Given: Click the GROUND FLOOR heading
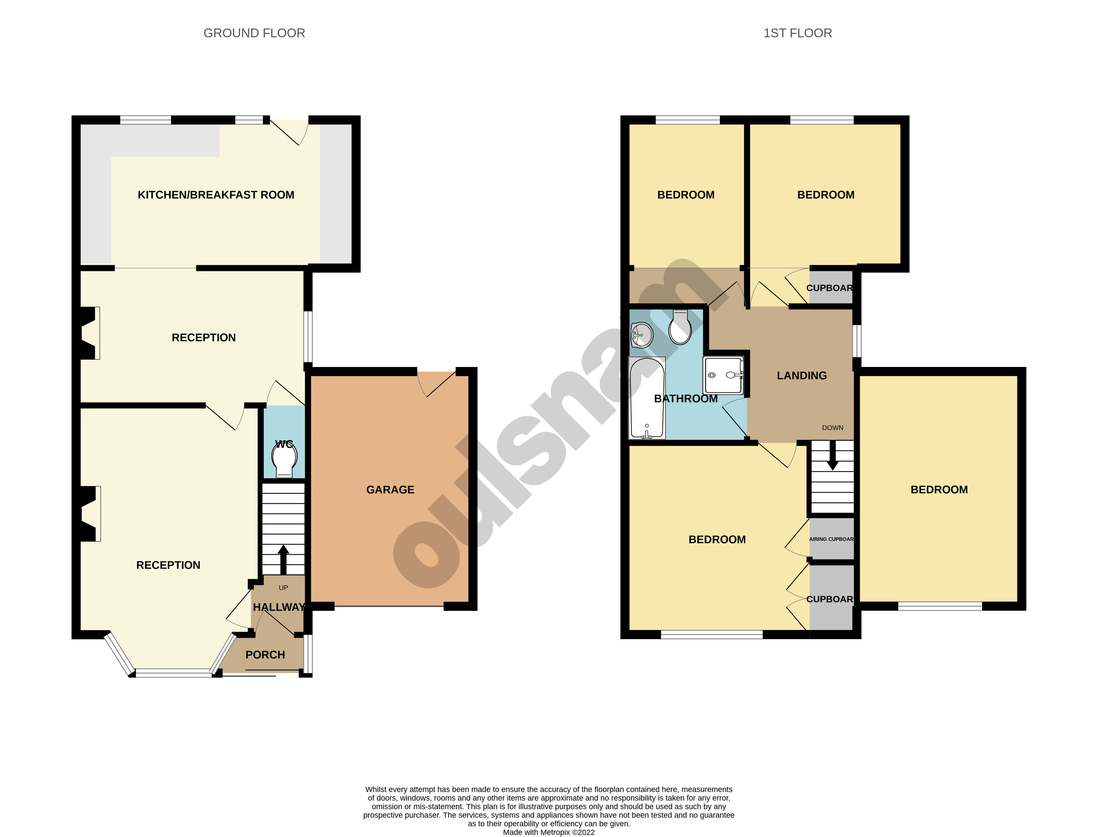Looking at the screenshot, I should [x=254, y=33].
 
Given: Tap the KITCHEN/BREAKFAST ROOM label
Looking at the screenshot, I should [x=216, y=195].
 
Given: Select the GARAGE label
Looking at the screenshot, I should [x=390, y=490].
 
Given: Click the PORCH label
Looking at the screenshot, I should [x=265, y=655].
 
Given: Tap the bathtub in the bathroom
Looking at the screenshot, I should [x=647, y=399].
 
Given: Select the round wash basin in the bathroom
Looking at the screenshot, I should [x=642, y=335].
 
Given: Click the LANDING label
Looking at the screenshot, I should [x=801, y=376].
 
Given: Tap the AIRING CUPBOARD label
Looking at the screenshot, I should [x=831, y=539].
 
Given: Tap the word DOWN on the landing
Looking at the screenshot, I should [x=833, y=427].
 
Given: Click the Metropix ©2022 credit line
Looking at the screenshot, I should [x=549, y=832].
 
